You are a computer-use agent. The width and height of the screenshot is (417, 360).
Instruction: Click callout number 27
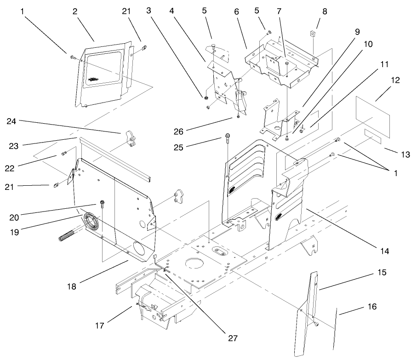(x=233, y=338)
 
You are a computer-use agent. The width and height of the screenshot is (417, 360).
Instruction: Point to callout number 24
(x=12, y=121)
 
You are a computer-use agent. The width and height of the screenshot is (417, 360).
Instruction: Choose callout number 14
(x=384, y=251)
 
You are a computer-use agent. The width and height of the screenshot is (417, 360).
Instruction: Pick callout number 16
(x=371, y=307)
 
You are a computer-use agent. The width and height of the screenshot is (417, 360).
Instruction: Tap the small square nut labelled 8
(x=312, y=33)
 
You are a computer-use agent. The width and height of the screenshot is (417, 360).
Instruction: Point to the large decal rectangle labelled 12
(x=373, y=118)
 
